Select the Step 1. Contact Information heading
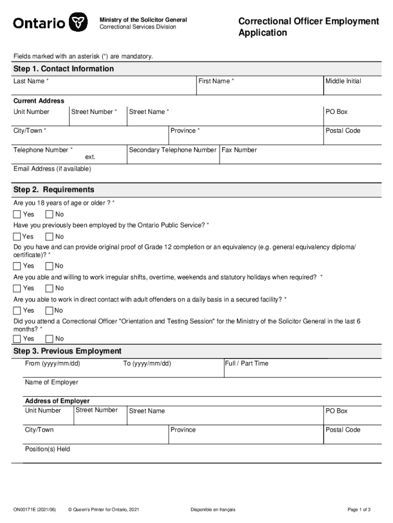point(64,69)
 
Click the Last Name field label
point(31,81)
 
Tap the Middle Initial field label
point(343,81)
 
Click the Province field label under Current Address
point(185,131)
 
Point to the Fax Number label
point(239,150)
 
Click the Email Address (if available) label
point(52,169)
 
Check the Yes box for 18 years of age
point(17,215)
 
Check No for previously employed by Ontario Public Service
point(50,236)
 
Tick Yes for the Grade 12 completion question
point(17,266)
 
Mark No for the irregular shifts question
point(50,288)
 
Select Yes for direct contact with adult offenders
point(17,311)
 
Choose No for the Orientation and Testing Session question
point(50,339)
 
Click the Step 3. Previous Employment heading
point(67,351)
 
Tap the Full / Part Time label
point(246,364)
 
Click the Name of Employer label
point(52,383)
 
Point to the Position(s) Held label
point(47,449)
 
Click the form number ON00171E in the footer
point(35,510)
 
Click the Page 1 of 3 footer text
point(359,510)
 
